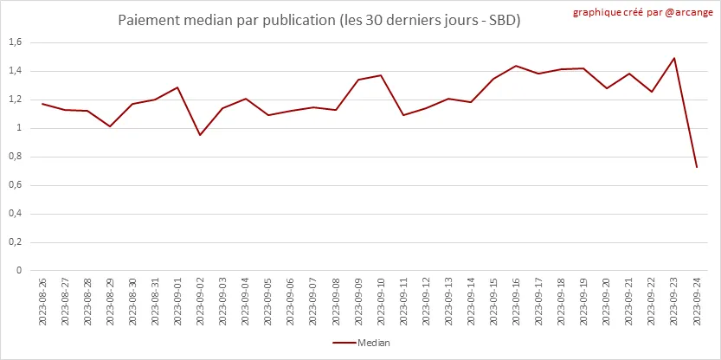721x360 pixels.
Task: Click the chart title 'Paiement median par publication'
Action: coord(319,20)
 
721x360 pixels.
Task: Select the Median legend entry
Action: coord(361,343)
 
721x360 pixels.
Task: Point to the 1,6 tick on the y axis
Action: coord(15,42)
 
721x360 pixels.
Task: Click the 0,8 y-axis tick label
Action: coord(15,157)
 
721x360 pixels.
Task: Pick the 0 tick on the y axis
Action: coord(19,270)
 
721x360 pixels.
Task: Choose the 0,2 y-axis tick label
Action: coord(15,241)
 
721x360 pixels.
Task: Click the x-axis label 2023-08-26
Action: coord(42,301)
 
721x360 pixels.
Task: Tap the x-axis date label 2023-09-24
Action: coord(697,301)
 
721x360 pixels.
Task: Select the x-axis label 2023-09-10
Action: coord(381,301)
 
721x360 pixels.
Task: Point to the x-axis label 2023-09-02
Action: coord(200,301)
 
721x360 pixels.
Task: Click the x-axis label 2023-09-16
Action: coord(516,301)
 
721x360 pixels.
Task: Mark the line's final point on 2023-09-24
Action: coord(697,167)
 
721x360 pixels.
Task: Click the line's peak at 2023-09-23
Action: coord(674,58)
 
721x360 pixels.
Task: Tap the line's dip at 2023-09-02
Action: coord(200,135)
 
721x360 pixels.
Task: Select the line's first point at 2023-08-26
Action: coord(42,104)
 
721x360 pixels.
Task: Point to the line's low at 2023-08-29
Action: coord(110,126)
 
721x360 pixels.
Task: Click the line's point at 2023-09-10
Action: coord(381,75)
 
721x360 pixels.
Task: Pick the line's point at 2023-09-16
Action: coord(516,66)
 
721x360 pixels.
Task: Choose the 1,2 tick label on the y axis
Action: coord(15,100)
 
